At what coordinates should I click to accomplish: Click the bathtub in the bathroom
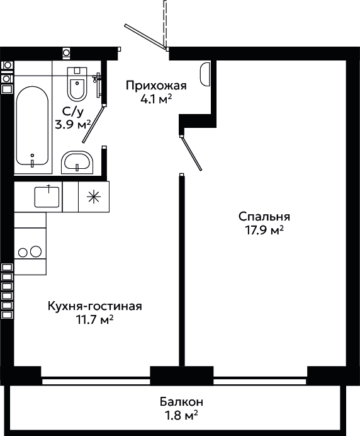tap(32, 125)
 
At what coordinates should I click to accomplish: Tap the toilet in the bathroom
tap(77, 84)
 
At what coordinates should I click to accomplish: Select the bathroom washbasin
tap(77, 163)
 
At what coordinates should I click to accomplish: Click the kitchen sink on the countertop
tap(47, 197)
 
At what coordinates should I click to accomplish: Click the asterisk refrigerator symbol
tap(94, 197)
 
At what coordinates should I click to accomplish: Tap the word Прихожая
tap(156, 86)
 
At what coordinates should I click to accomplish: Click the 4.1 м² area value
tap(156, 100)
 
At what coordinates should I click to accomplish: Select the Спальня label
tap(264, 217)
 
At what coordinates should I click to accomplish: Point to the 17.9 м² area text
tap(264, 230)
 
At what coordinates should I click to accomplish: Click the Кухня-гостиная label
tap(95, 306)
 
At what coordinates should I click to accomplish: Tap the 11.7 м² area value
tap(95, 319)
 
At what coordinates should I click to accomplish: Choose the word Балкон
tap(181, 402)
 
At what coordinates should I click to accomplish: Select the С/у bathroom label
tap(73, 112)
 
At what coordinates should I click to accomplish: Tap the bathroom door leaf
tap(93, 124)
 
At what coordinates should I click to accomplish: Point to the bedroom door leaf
tap(191, 153)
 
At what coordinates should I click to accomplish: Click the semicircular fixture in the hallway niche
tap(205, 74)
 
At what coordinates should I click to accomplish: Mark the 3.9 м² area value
tap(73, 125)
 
